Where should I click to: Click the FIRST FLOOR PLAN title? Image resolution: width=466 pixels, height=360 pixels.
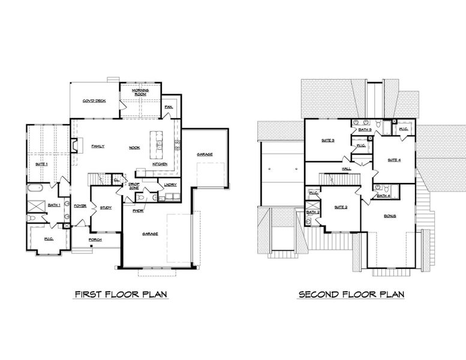(x=120, y=294)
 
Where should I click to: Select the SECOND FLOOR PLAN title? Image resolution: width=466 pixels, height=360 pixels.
(x=351, y=294)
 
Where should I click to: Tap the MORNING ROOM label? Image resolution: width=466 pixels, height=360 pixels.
(x=140, y=92)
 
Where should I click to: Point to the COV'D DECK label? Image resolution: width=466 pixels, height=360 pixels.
(x=94, y=101)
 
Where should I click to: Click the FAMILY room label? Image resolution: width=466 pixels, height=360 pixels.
(x=98, y=146)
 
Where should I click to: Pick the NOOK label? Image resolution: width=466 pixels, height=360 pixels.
(x=134, y=147)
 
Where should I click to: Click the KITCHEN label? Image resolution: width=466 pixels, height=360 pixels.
(x=160, y=164)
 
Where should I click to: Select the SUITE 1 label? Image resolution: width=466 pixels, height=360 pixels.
(x=41, y=163)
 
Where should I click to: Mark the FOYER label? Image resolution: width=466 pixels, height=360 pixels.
(x=80, y=206)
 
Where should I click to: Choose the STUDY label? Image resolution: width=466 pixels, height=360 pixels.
(x=106, y=208)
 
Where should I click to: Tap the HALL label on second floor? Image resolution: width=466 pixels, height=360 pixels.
(x=347, y=169)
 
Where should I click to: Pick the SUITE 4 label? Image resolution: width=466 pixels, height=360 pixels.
(x=394, y=160)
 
